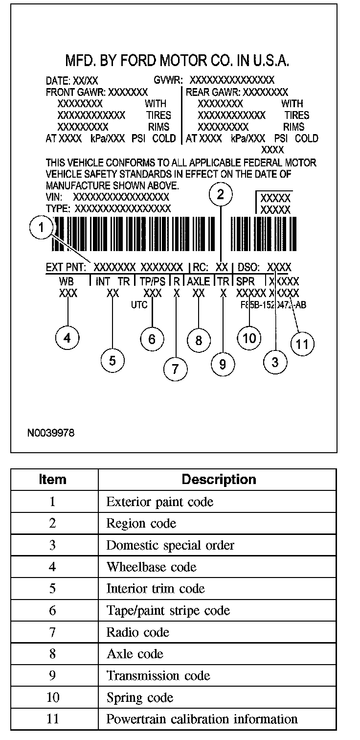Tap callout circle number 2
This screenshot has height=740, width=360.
coord(221,195)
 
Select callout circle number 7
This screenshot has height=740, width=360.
coord(176,369)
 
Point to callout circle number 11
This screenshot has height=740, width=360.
coord(302,344)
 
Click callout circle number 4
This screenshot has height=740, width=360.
coord(68,338)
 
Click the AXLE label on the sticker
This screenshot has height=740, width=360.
coord(199,281)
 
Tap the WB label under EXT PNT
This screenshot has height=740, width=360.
coord(67,281)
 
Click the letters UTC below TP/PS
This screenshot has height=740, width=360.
coord(139,304)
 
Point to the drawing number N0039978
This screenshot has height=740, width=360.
coord(51,433)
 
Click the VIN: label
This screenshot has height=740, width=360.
coord(55,197)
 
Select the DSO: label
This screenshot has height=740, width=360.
coord(248,268)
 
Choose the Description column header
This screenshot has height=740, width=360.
coord(219,479)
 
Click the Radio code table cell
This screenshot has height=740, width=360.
coord(137,632)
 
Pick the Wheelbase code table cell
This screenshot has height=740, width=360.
coord(151,567)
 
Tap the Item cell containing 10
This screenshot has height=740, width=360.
coord(53,697)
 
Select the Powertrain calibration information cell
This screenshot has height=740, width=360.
coord(202,719)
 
